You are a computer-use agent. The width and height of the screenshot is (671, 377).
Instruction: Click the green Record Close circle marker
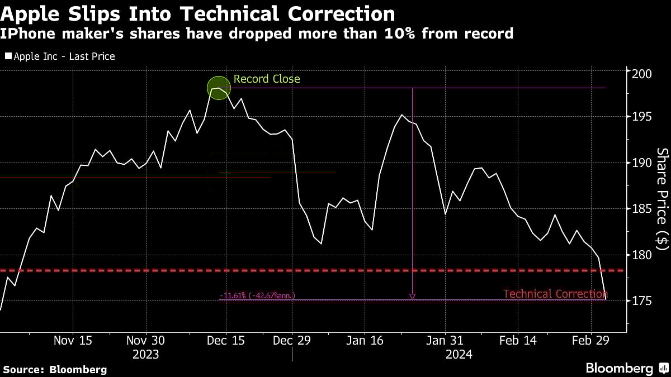[x=218, y=88]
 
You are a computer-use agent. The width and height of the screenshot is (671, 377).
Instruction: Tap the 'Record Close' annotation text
[x=267, y=79]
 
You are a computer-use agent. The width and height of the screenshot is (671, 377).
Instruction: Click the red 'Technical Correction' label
[x=555, y=294]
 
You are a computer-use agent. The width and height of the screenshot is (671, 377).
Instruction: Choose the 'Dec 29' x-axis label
[x=292, y=341]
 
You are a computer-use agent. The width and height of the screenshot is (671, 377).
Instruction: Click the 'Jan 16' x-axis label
[x=365, y=341]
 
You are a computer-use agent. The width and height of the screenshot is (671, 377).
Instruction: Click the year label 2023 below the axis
[x=146, y=355]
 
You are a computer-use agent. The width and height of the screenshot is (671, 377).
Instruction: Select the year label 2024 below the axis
[x=459, y=355]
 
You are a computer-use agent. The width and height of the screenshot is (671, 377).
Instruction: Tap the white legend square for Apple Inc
[x=8, y=56]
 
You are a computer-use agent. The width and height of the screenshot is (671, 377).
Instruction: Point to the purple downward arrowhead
[x=412, y=297]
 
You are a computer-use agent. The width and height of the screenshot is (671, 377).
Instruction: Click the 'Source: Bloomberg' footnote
[x=55, y=369]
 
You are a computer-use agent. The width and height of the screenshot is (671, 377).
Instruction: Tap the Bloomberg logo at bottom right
[x=626, y=368]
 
